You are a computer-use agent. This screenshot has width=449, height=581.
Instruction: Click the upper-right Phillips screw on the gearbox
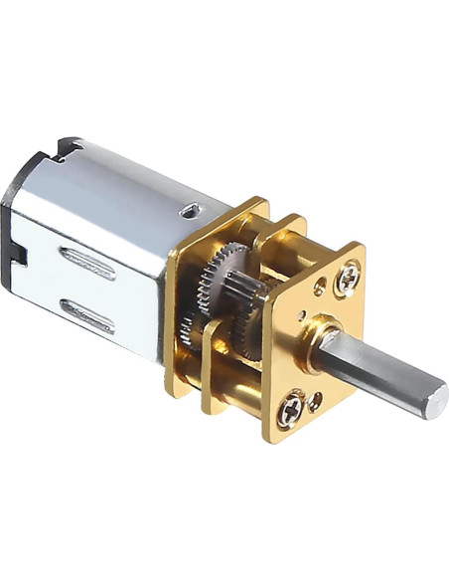click(349, 278)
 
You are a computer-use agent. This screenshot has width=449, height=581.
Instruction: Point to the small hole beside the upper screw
click(319, 291)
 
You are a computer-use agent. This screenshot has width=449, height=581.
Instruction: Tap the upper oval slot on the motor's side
click(87, 263)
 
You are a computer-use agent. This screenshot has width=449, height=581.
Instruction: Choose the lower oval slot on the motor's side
click(87, 315)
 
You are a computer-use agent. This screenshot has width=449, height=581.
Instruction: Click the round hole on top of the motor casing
click(190, 211)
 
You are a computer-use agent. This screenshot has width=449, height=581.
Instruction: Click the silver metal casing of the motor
click(109, 219)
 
